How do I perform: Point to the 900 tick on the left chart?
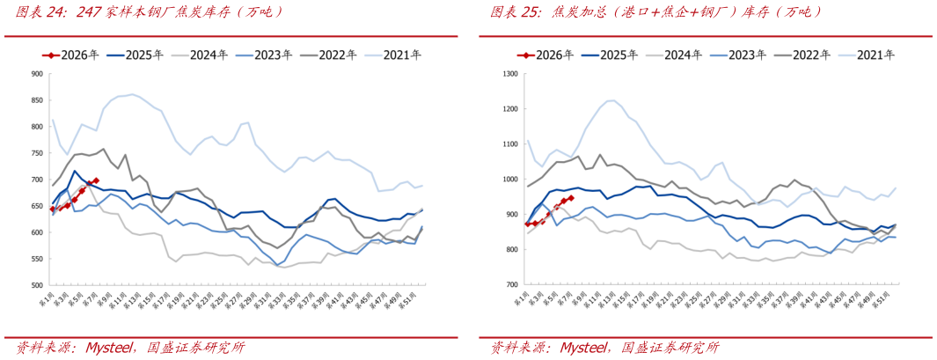[x=38, y=74]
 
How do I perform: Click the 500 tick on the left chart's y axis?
[x=38, y=286]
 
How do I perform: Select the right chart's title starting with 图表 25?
[x=655, y=12]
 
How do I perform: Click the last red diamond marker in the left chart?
[x=95, y=180]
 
